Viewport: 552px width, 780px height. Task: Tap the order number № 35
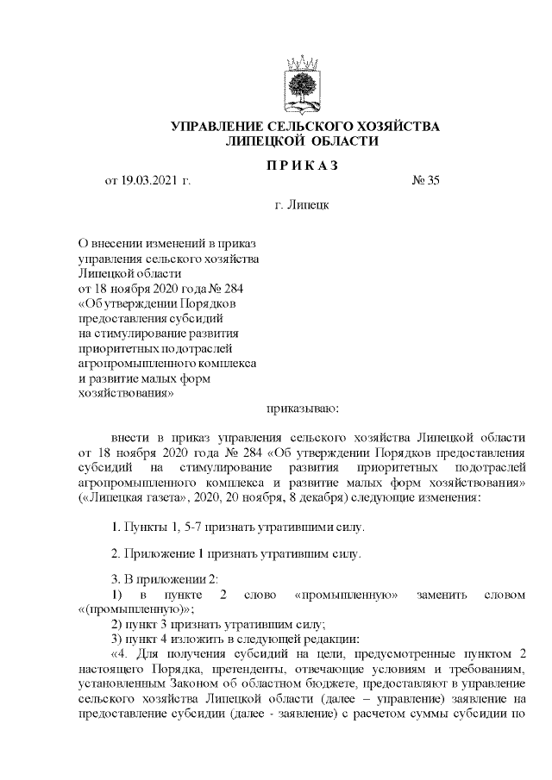[x=427, y=181]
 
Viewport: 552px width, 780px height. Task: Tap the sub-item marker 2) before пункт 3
[x=118, y=624]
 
